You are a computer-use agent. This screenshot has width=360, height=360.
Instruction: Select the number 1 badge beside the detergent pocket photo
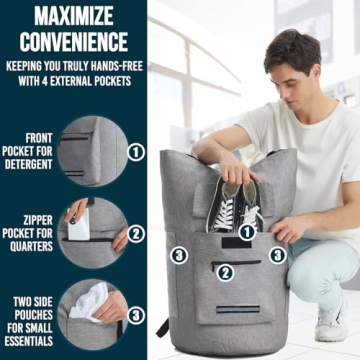pyautogui.click(x=137, y=153)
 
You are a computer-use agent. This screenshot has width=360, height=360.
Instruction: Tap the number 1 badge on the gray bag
pyautogui.click(x=245, y=232)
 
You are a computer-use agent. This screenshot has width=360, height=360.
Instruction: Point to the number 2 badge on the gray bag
pyautogui.click(x=226, y=270)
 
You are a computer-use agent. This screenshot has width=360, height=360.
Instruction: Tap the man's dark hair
pyautogui.click(x=292, y=50)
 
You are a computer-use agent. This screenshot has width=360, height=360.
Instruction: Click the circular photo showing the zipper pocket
pyautogui.click(x=92, y=232)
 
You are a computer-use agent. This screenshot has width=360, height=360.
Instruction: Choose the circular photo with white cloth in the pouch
pyautogui.click(x=92, y=312)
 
